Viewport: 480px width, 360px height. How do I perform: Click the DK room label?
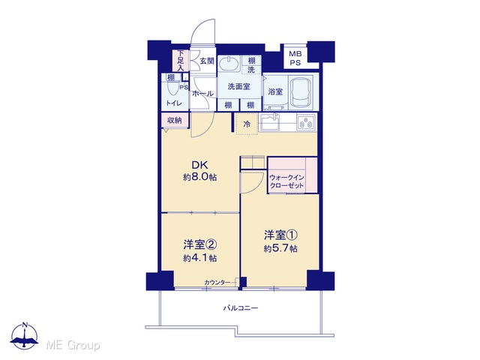click(x=199, y=165)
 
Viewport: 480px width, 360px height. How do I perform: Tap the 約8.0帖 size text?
click(x=200, y=177)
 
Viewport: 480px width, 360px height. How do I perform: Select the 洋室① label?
click(x=280, y=235)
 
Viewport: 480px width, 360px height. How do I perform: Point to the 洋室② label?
click(x=200, y=244)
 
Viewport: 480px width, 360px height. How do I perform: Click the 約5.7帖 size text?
click(x=280, y=248)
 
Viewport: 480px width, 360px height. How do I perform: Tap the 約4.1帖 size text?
click(x=200, y=258)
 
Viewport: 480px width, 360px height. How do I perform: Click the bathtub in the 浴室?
click(x=301, y=91)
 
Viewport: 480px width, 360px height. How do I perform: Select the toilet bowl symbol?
click(x=173, y=88)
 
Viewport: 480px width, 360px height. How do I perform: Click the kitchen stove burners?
click(x=306, y=122)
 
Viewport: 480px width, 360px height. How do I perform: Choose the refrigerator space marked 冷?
click(x=247, y=124)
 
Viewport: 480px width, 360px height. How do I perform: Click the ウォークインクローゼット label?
click(x=286, y=181)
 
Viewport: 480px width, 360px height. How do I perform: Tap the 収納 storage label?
click(x=175, y=120)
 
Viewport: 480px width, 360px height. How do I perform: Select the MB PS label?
click(x=295, y=58)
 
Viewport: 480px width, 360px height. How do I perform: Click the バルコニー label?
click(x=240, y=308)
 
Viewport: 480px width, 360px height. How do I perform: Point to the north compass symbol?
click(x=24, y=335)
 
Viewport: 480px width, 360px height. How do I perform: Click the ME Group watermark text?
click(x=73, y=345)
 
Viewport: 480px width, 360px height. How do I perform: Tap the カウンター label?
click(x=217, y=282)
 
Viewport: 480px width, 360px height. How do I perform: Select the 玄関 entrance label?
click(x=207, y=61)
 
